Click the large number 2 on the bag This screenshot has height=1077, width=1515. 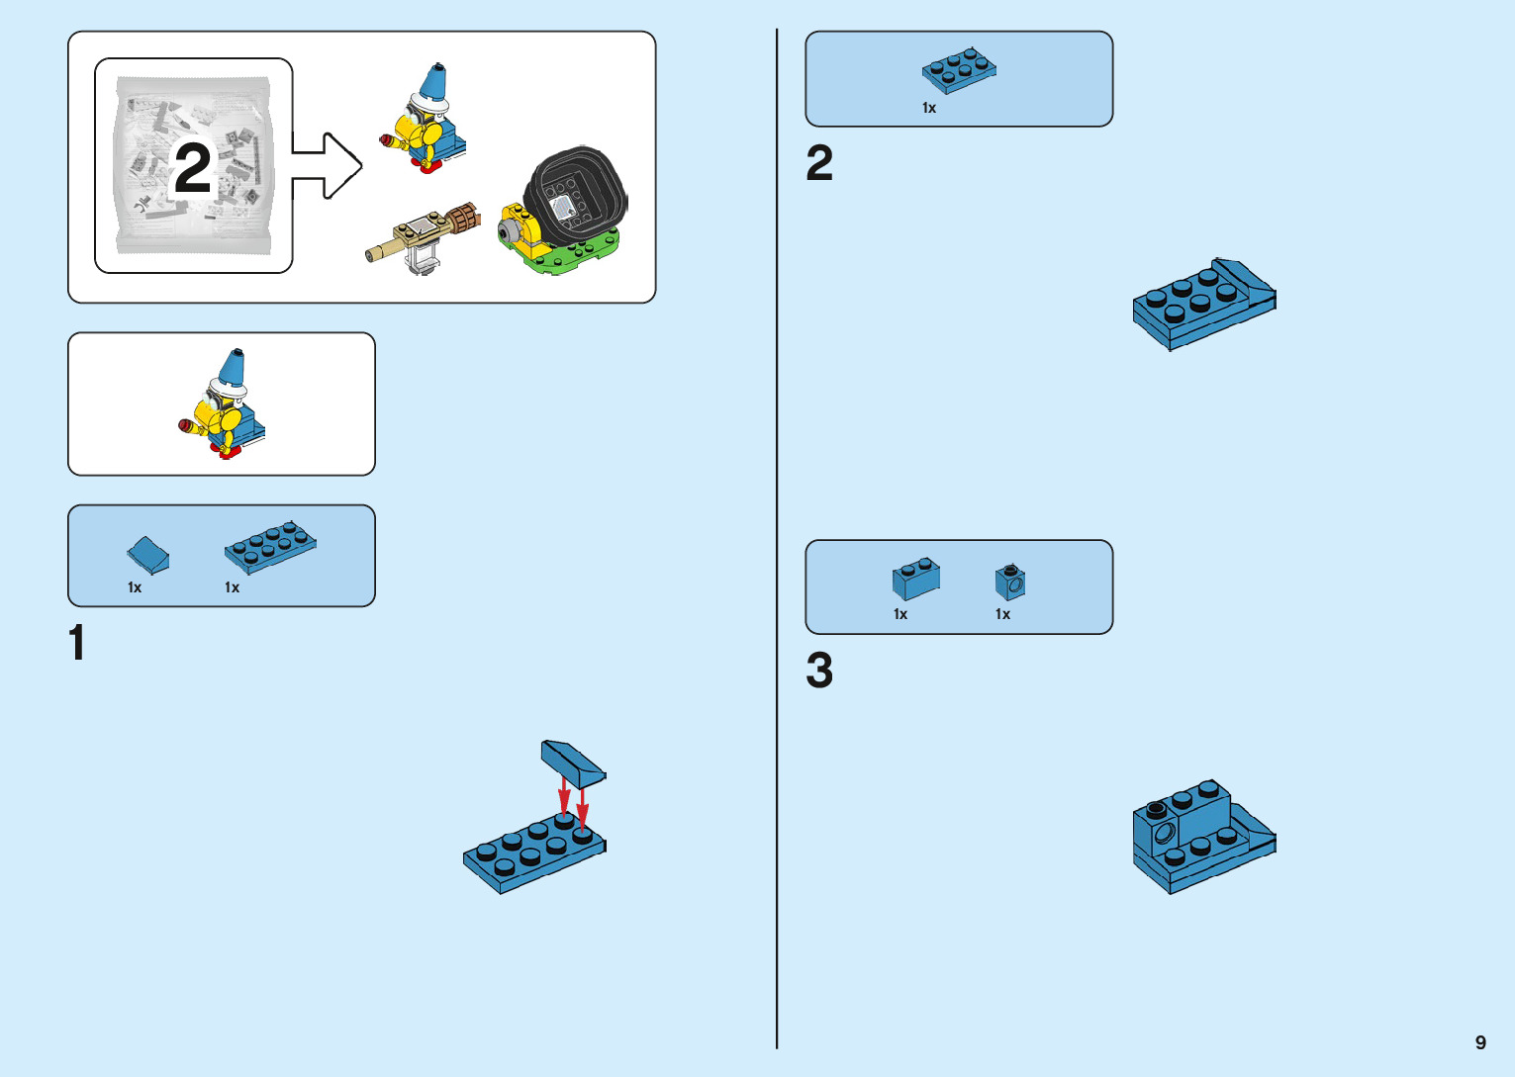click(x=193, y=168)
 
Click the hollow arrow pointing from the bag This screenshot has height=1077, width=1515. click(x=328, y=165)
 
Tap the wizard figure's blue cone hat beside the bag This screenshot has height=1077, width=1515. click(x=434, y=83)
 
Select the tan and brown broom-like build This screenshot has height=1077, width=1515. click(x=423, y=235)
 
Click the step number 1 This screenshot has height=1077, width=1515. click(x=77, y=643)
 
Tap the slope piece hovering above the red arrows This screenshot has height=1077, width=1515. click(x=572, y=760)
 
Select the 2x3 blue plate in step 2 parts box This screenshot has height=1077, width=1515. click(x=959, y=70)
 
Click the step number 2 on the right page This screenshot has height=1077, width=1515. click(x=819, y=163)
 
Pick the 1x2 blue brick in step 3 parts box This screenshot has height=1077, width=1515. click(x=915, y=578)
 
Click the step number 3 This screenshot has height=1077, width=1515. click(x=819, y=671)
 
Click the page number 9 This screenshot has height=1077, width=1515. click(x=1480, y=1042)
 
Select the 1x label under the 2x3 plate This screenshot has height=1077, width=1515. click(x=929, y=108)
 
